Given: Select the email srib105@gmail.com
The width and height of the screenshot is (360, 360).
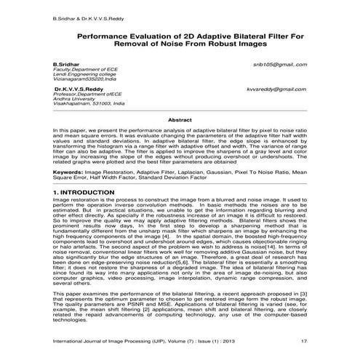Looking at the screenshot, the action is (280, 65).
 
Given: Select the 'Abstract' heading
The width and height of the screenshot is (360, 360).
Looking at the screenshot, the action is (180, 119).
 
